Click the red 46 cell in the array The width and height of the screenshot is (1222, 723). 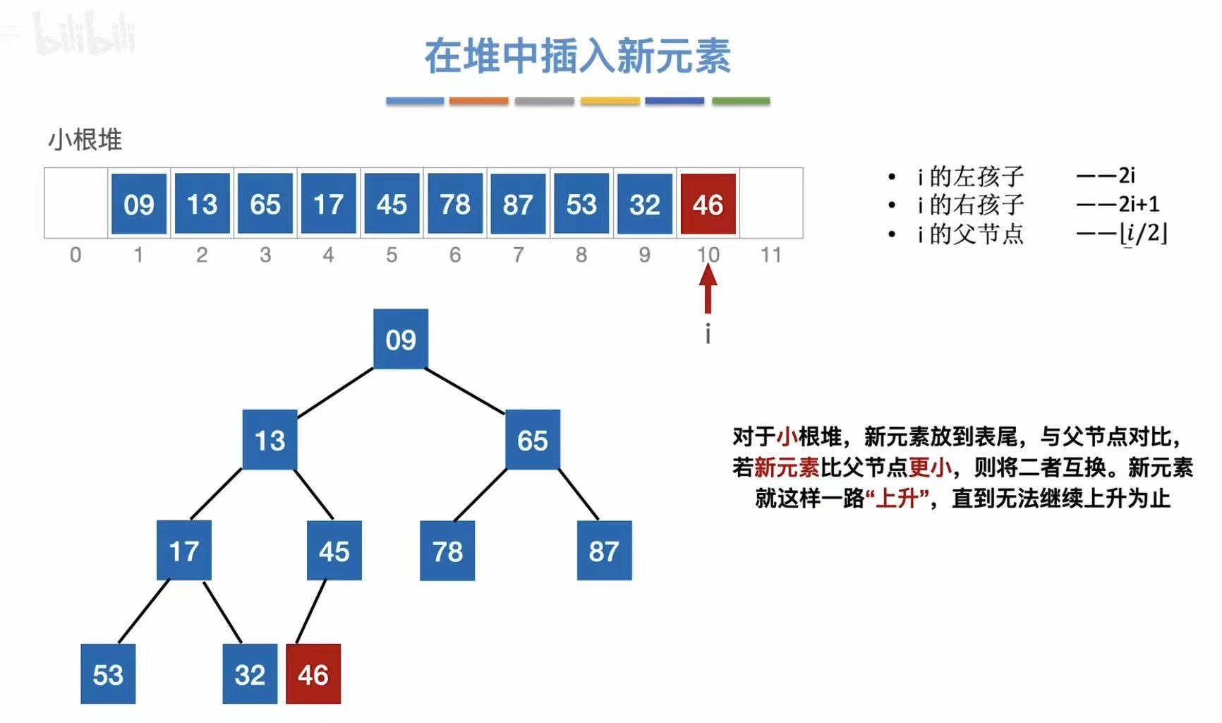pos(708,204)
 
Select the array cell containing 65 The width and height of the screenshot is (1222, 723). pos(265,204)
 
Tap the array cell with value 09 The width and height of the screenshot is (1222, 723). pos(139,204)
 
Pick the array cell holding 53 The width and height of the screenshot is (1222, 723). pos(581,204)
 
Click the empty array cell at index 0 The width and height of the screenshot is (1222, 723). pos(76,203)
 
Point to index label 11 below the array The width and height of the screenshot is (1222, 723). pos(770,255)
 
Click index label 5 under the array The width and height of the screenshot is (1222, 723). pos(392,255)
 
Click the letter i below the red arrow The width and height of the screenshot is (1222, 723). pos(708,333)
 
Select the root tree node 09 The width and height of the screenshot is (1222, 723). pos(401,339)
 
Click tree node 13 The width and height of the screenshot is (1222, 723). pos(270,440)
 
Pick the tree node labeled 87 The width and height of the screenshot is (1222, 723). pos(604,551)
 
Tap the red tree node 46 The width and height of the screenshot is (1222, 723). pos(313,674)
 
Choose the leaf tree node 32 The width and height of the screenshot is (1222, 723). pos(250,674)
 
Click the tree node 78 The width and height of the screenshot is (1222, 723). pos(447,551)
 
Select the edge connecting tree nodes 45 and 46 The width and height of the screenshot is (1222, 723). pos(311,611)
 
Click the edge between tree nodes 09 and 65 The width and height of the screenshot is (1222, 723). pos(466,390)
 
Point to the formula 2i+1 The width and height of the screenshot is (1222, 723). pos(1138,204)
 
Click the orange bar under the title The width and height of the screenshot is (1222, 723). pos(478,101)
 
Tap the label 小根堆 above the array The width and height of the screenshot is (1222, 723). pos(85,140)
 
